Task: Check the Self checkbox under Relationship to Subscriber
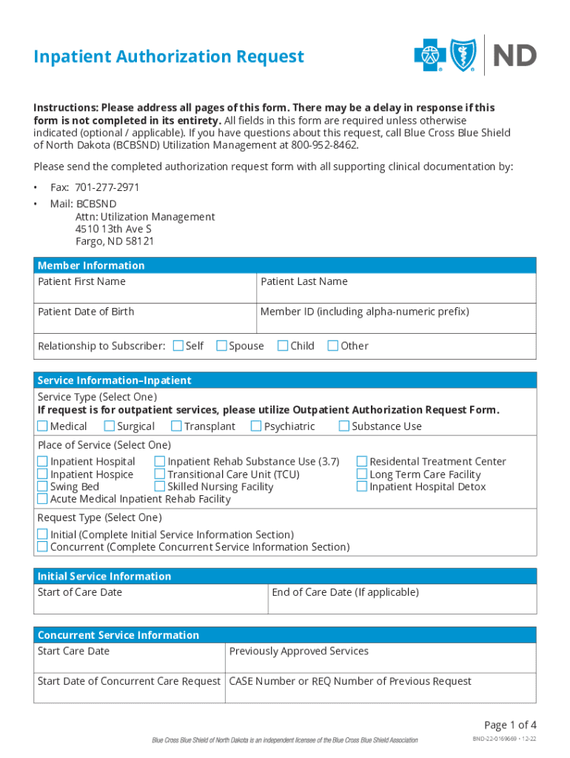tap(178, 346)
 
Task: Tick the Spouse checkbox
tap(221, 346)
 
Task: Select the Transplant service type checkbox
tap(176, 426)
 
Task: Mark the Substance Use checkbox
tap(343, 426)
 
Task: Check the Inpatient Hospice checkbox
tap(42, 474)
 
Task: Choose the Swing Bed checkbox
tap(42, 487)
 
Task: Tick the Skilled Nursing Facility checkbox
tap(160, 487)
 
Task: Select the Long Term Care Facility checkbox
tap(362, 474)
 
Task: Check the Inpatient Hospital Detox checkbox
tap(362, 487)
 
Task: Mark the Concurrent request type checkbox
tap(42, 548)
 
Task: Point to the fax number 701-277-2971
tap(107, 188)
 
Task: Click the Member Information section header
tap(91, 266)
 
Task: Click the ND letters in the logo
tap(514, 56)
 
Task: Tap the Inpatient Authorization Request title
tap(169, 57)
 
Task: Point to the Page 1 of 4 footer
tap(510, 725)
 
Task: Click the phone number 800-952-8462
tap(325, 145)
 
